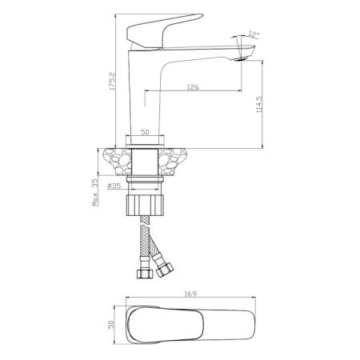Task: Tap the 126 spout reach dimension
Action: [192, 87]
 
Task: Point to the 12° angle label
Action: [255, 34]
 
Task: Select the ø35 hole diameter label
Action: [114, 186]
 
